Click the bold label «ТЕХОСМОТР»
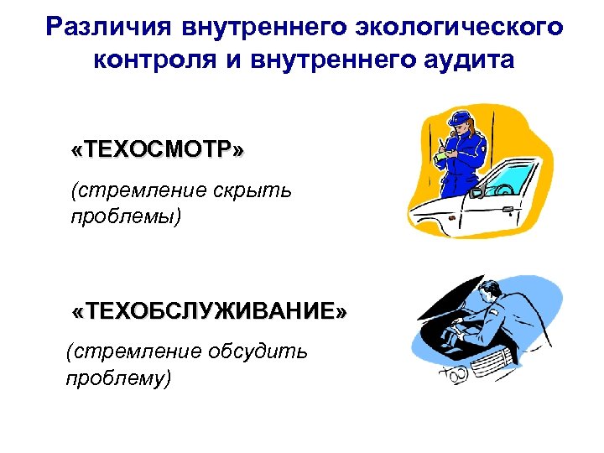click(x=159, y=150)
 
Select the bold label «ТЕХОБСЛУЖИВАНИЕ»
click(x=209, y=312)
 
